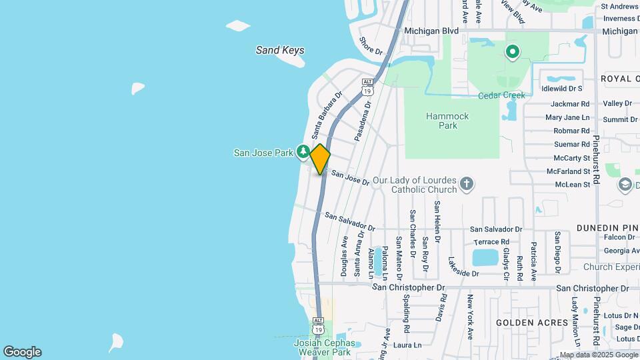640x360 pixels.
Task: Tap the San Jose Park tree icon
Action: click(303, 152)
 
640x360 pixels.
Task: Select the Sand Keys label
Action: click(280, 50)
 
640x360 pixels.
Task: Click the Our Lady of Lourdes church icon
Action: click(467, 183)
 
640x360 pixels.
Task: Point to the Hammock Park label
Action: click(447, 121)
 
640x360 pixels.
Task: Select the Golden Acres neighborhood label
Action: click(532, 323)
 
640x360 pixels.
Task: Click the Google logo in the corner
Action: click(22, 352)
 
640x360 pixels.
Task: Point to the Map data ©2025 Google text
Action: click(598, 355)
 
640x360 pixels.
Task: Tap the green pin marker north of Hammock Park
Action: click(512, 51)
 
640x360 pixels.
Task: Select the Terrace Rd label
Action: click(491, 242)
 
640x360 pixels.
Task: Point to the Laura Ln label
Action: click(407, 345)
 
